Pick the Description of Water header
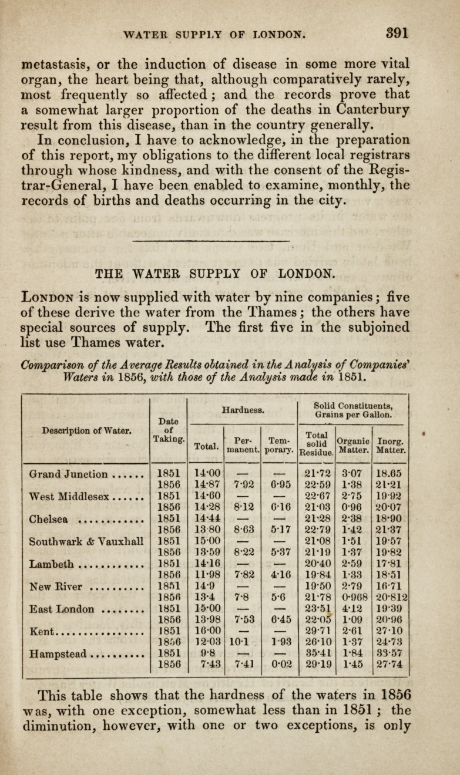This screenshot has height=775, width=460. click(x=82, y=430)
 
